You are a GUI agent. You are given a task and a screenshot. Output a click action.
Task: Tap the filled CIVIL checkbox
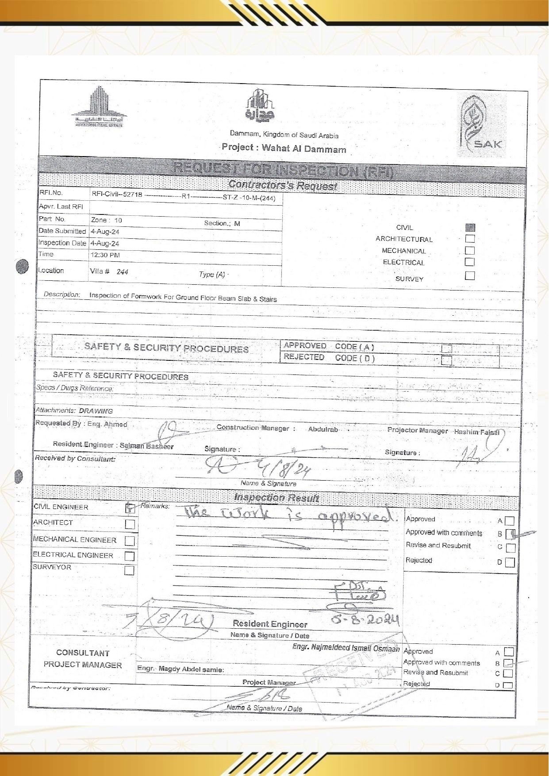(470, 228)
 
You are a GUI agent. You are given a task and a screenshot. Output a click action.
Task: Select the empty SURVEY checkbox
(470, 275)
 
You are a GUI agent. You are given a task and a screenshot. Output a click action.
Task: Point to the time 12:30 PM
(105, 255)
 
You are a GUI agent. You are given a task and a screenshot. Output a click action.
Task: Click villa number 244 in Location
(122, 272)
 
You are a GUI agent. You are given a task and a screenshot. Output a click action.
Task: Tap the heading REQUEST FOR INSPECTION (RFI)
(283, 169)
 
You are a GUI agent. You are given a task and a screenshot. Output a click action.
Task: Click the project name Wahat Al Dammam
(303, 149)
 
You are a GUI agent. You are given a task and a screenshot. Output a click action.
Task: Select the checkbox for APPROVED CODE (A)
(446, 348)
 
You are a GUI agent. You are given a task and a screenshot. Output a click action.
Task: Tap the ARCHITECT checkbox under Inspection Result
(130, 524)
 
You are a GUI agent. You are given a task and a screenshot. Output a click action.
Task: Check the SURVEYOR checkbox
(129, 570)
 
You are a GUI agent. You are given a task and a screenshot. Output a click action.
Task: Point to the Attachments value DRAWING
(96, 411)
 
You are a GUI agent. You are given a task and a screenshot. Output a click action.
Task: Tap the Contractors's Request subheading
(283, 186)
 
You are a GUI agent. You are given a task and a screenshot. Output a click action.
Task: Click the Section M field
(222, 223)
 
